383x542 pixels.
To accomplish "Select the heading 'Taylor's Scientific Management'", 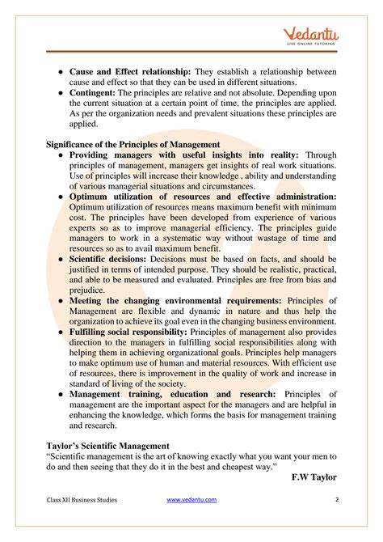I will pos(107,444).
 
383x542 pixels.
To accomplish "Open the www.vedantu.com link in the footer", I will pos(191,500).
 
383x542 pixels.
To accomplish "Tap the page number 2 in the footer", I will pos(335,500).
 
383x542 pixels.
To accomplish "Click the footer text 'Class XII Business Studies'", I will pos(82,500).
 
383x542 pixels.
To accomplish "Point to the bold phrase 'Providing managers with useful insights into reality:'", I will pos(184,155).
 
